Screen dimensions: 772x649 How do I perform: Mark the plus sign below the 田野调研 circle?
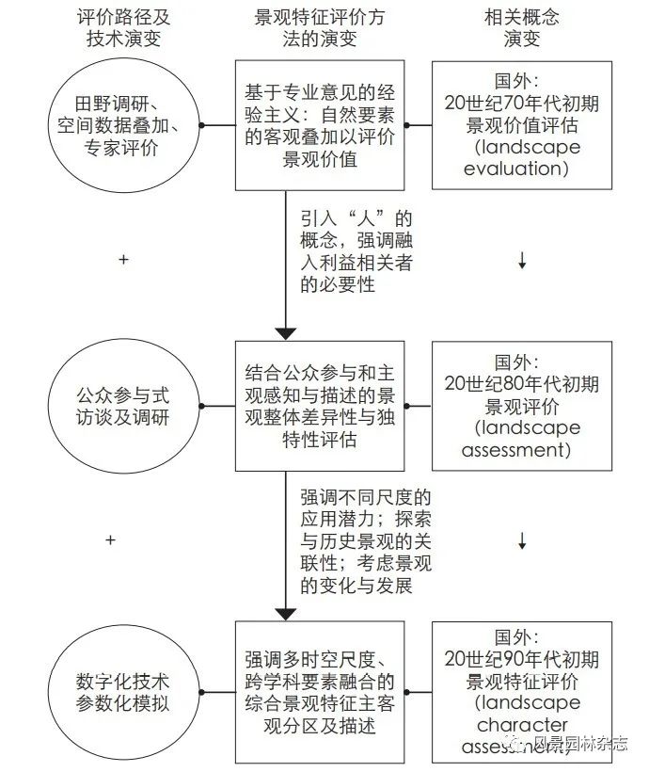coord(123,259)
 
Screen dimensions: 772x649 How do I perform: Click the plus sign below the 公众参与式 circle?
coord(110,540)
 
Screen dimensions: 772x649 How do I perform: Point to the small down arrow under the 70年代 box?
coord(522,262)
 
